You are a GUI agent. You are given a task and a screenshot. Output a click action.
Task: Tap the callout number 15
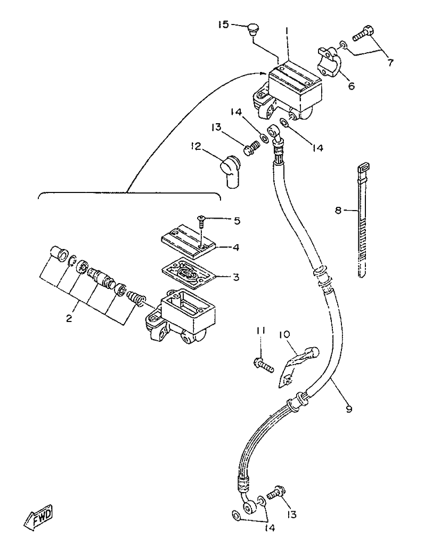(x=224, y=25)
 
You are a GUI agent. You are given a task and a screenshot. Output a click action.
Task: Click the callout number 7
(x=390, y=63)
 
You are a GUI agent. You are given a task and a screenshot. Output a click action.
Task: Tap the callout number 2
(x=69, y=318)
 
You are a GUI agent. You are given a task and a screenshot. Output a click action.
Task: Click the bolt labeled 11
(x=263, y=365)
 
